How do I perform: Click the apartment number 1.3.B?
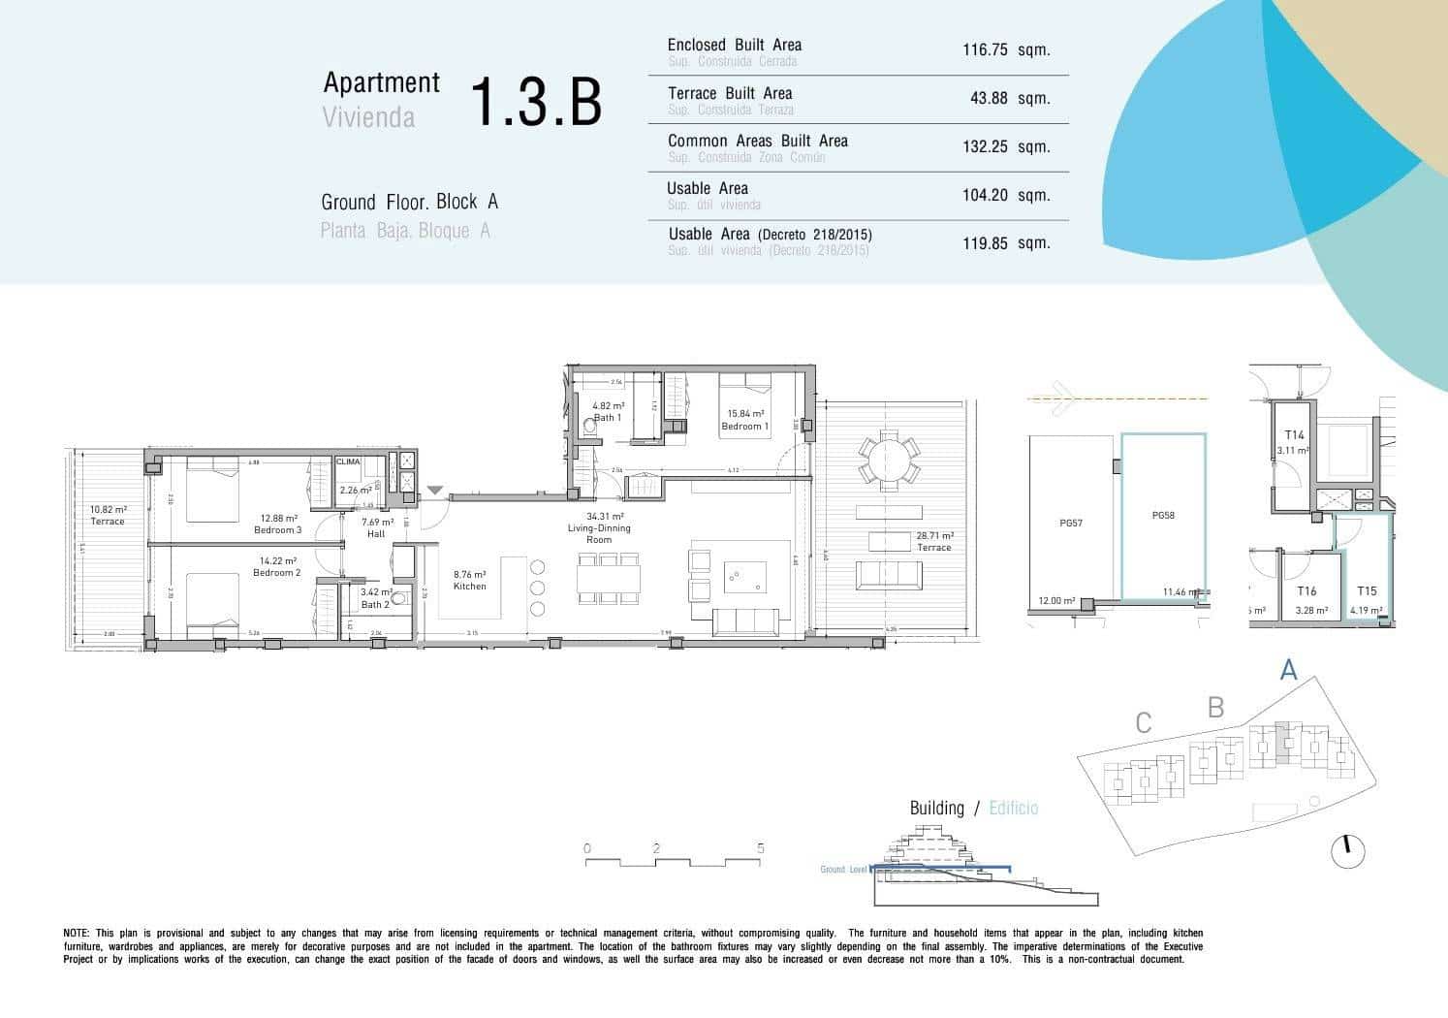(x=536, y=102)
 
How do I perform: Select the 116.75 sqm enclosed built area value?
(x=1005, y=50)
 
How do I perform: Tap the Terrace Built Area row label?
(x=729, y=94)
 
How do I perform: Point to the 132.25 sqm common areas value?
(x=1005, y=146)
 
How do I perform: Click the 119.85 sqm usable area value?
(x=1005, y=243)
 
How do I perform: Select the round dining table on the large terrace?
(x=888, y=459)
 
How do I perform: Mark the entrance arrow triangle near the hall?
(x=434, y=492)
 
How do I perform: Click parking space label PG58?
(x=1163, y=516)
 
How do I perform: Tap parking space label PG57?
(x=1070, y=523)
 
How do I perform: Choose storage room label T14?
(x=1294, y=436)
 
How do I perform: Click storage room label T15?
(x=1366, y=591)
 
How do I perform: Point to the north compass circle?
(x=1347, y=851)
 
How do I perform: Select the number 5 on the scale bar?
(x=760, y=848)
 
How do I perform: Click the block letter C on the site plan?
(x=1144, y=723)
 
